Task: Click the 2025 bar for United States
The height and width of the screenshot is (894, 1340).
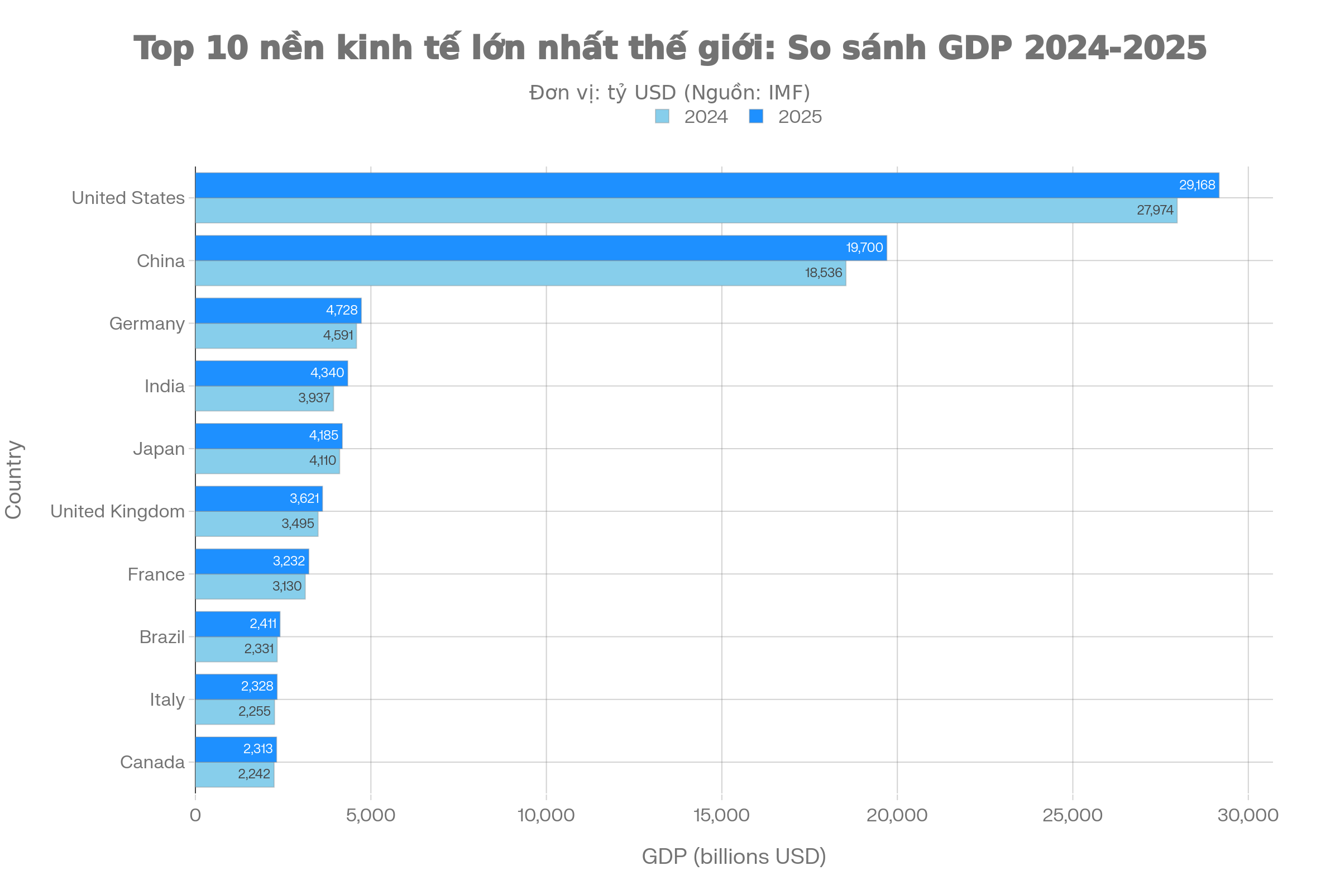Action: pyautogui.click(x=706, y=186)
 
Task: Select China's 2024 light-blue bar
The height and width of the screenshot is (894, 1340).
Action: pyautogui.click(x=520, y=273)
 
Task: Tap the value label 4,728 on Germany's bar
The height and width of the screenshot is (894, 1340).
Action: pyautogui.click(x=341, y=310)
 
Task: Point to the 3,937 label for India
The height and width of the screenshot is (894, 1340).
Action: pyautogui.click(x=314, y=398)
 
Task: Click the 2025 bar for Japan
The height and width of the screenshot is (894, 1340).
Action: pyautogui.click(x=269, y=436)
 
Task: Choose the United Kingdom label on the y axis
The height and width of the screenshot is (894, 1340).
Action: pyautogui.click(x=117, y=511)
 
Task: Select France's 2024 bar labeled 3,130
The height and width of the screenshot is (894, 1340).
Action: pyautogui.click(x=250, y=587)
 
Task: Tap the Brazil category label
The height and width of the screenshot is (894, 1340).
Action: pyautogui.click(x=162, y=637)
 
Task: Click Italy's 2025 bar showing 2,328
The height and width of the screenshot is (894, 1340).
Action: pyautogui.click(x=236, y=686)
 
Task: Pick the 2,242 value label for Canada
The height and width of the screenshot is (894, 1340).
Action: pyautogui.click(x=253, y=774)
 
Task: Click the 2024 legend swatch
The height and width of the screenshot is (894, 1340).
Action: pyautogui.click(x=662, y=116)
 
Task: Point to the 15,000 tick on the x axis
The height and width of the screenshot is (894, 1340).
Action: pyautogui.click(x=721, y=815)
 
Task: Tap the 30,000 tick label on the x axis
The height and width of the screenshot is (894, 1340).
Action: pyautogui.click(x=1248, y=815)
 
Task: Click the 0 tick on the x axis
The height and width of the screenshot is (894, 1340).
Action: pyautogui.click(x=195, y=815)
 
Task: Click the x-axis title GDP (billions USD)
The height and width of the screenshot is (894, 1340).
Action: pyautogui.click(x=734, y=857)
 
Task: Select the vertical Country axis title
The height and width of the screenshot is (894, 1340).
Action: pyautogui.click(x=13, y=479)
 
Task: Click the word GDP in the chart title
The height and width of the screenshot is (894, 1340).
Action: pyautogui.click(x=974, y=47)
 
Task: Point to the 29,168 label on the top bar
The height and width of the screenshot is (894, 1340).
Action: pyautogui.click(x=1197, y=186)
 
